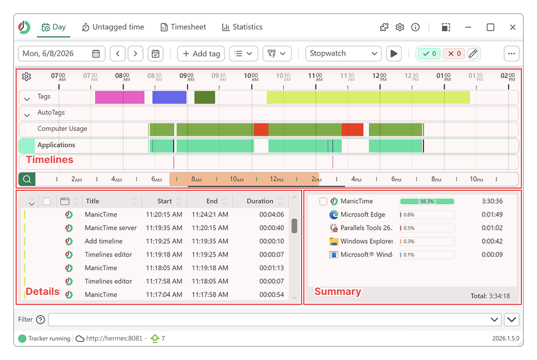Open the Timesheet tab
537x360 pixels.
click(183, 27)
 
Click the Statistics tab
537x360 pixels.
click(242, 27)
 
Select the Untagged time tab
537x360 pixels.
click(113, 27)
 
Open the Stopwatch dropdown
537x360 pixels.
click(343, 53)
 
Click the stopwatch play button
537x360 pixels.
click(394, 53)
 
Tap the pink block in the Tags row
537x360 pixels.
click(120, 97)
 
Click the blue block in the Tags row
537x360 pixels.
click(169, 97)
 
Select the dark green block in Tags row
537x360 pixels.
click(204, 97)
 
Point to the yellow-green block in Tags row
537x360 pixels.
click(368, 97)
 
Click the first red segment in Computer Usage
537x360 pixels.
click(261, 130)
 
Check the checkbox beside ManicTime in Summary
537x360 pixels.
click(323, 201)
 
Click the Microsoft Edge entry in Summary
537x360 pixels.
click(363, 214)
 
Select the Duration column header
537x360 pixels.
click(260, 201)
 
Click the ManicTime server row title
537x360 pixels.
click(111, 228)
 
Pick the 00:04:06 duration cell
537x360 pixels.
click(272, 214)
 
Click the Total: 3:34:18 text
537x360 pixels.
click(490, 296)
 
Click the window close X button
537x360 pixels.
click(513, 27)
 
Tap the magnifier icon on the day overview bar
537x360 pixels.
click(27, 179)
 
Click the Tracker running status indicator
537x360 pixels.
click(45, 338)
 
